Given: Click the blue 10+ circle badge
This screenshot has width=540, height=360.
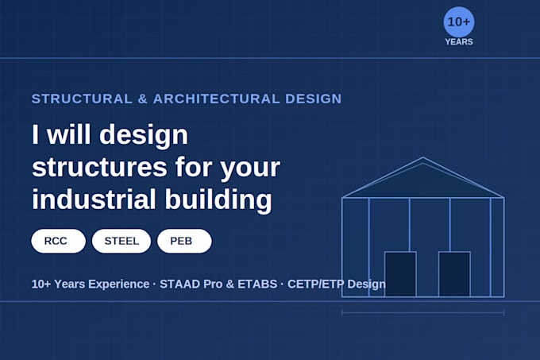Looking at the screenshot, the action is [x=459, y=21].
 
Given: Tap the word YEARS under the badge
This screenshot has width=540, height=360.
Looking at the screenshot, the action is [x=459, y=42].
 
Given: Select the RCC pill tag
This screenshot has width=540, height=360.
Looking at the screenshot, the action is [x=58, y=241].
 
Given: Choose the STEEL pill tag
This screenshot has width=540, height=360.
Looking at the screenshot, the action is [x=121, y=241].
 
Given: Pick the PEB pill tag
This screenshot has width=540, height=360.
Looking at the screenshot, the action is [x=184, y=241].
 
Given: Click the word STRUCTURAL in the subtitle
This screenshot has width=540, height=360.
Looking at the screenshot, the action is [x=82, y=99].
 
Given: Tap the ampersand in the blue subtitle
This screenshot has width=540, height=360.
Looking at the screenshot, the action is [x=143, y=99].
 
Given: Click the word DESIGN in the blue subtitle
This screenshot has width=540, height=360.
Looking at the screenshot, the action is [x=314, y=99].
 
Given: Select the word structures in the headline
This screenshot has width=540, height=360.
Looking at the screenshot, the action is [x=99, y=168].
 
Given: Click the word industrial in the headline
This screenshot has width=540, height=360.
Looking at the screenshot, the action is [x=94, y=199].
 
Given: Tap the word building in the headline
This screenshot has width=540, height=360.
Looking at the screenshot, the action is [x=218, y=199].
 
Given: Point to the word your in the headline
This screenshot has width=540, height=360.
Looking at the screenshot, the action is [x=250, y=168].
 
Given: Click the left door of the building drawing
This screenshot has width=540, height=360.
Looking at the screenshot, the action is [x=400, y=274].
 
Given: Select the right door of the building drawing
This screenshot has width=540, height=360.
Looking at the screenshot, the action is [x=454, y=274].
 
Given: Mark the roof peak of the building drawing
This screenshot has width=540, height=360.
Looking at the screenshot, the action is [x=423, y=157].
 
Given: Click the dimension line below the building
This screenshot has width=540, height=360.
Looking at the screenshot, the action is [x=423, y=312].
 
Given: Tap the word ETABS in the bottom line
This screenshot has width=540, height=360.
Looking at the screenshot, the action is [x=257, y=285].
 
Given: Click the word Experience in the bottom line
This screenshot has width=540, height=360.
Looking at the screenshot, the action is [x=119, y=285].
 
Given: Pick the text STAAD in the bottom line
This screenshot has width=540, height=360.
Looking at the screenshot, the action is [x=179, y=285].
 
